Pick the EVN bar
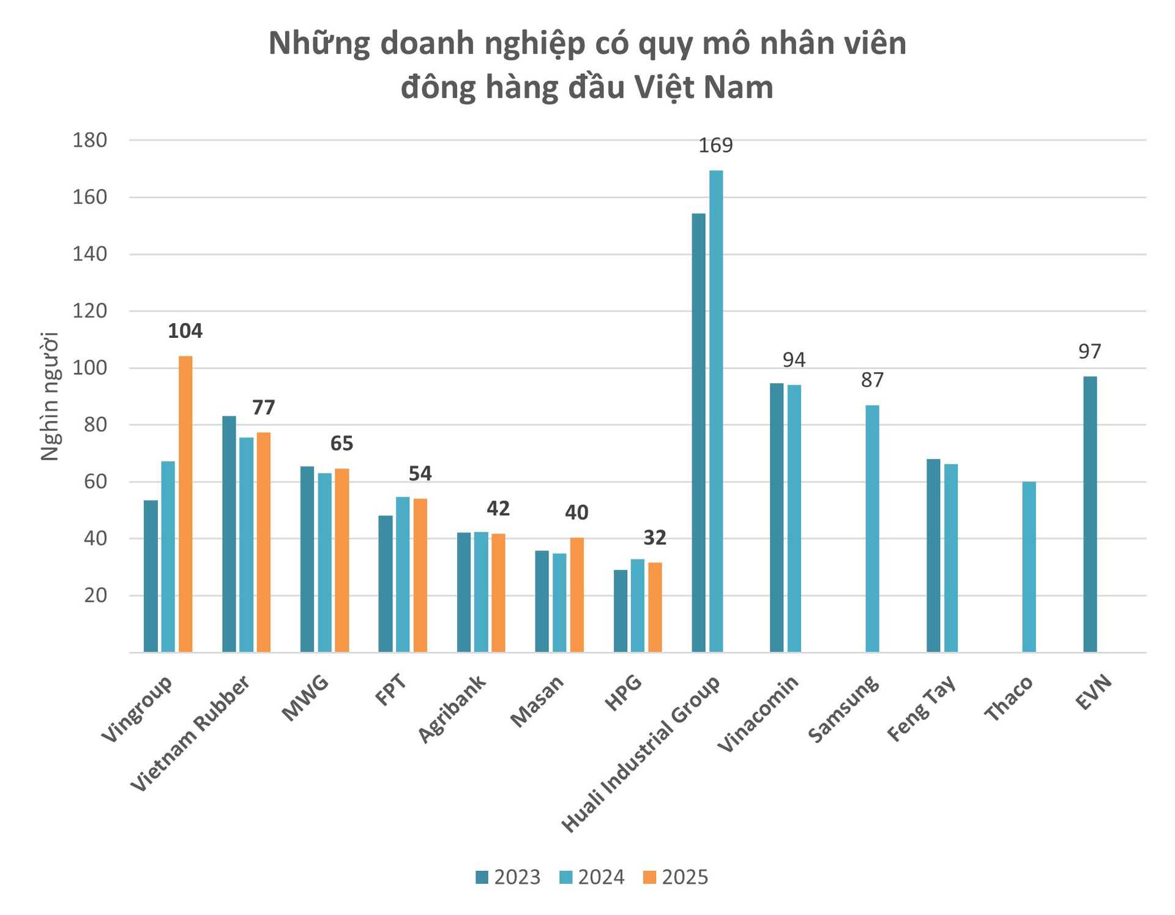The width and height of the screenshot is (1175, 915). click(1090, 514)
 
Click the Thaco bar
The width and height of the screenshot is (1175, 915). click(1029, 567)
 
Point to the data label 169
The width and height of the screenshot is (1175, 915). click(715, 146)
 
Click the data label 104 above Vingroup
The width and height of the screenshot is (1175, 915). click(185, 331)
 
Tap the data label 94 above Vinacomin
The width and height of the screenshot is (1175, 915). click(794, 360)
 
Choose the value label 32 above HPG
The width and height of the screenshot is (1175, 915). click(655, 538)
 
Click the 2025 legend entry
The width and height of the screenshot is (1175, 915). click(676, 877)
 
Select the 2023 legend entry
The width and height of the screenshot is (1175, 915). click(508, 877)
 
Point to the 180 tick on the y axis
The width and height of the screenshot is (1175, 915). click(89, 141)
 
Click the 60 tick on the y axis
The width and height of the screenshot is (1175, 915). click(95, 482)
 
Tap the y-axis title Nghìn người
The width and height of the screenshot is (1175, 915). click(50, 396)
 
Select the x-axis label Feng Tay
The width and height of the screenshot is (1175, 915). click(922, 709)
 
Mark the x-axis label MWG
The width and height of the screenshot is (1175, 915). click(305, 699)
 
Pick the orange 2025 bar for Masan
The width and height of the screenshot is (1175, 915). click(576, 594)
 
